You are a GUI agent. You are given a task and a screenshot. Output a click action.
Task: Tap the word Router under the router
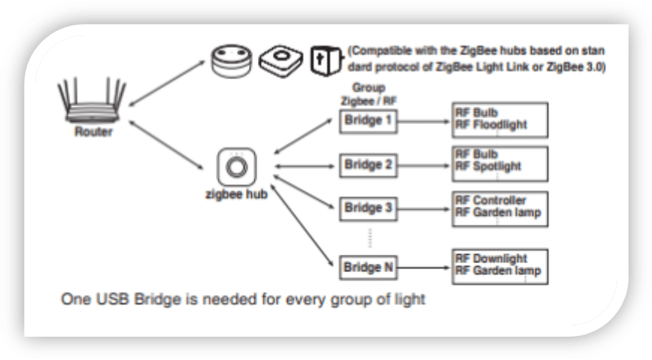(x=93, y=132)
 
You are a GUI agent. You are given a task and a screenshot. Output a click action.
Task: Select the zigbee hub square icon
(x=237, y=167)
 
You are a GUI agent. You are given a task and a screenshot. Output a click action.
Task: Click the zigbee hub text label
(x=237, y=194)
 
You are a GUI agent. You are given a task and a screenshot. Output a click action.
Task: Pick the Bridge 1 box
(x=368, y=122)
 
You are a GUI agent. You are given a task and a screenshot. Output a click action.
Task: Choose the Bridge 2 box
(x=368, y=165)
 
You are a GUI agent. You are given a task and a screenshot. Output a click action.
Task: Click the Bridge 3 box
(x=368, y=209)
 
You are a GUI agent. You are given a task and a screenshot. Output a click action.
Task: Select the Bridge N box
(x=368, y=268)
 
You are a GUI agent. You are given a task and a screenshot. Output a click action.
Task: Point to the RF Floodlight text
(x=491, y=125)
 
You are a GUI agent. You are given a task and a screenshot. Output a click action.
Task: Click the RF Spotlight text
(x=488, y=166)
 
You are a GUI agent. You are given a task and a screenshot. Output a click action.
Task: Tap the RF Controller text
(x=490, y=200)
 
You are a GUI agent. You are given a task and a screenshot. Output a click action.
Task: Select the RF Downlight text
(x=491, y=258)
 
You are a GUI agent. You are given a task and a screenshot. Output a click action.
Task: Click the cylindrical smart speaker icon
(x=232, y=61)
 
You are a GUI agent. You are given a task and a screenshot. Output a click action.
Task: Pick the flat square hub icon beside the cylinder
(x=281, y=61)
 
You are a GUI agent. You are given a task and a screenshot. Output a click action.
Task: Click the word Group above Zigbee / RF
(x=368, y=88)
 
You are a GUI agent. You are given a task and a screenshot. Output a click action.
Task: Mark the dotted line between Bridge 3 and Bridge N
(x=370, y=237)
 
